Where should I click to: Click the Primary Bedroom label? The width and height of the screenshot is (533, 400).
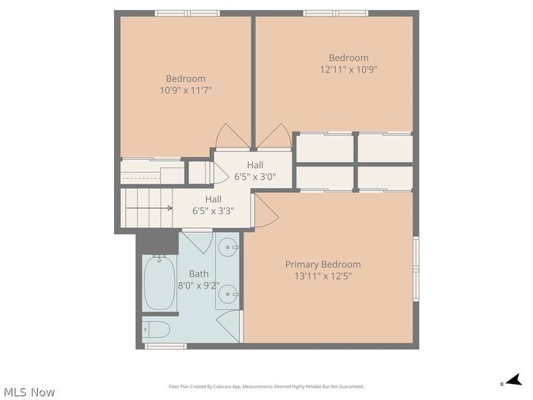point(322,265)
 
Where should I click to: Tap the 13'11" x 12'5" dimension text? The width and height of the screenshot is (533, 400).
point(322,276)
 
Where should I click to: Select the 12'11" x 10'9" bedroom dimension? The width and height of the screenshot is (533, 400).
point(348,69)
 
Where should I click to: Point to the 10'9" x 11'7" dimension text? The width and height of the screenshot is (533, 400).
point(186,91)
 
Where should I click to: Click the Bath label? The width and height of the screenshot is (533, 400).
point(199,274)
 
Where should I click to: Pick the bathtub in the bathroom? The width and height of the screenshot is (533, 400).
point(159,282)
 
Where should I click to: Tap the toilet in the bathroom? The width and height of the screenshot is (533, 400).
point(156,329)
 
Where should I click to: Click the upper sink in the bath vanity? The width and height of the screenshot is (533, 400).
point(228,247)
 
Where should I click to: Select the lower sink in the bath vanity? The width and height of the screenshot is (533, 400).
point(228,294)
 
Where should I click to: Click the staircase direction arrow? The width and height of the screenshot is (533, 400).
point(149,208)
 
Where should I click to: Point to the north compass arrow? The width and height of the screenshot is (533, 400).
point(513,381)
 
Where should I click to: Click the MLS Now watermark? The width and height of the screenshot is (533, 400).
point(29,392)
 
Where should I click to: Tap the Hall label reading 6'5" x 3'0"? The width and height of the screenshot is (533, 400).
point(255,171)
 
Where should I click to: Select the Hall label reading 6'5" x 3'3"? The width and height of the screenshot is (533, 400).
point(213,205)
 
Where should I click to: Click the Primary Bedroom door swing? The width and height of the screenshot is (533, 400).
point(266,211)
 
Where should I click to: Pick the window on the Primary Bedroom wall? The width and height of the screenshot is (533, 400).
point(416,269)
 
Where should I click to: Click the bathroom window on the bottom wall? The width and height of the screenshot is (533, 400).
point(165,346)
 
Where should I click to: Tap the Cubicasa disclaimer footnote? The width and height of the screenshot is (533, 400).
point(266,387)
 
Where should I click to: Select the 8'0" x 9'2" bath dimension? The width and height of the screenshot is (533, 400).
point(199,285)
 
